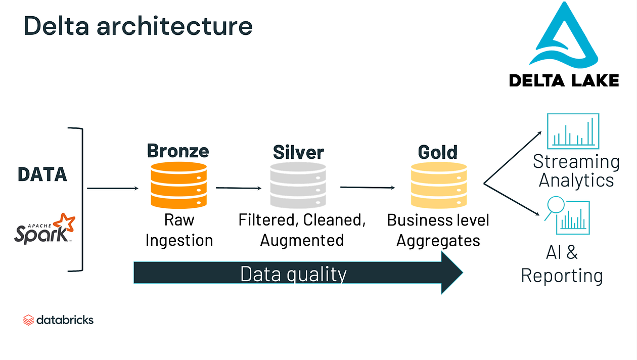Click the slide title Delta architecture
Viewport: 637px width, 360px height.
point(138,25)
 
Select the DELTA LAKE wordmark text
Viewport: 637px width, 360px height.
point(564,80)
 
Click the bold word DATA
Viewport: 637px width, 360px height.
point(42,174)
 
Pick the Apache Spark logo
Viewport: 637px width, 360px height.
point(44,229)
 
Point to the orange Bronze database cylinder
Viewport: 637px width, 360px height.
point(178,185)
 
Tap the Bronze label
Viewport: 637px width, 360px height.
point(178,151)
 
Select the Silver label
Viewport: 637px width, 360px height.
point(298,152)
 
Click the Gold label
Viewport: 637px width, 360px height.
point(438,152)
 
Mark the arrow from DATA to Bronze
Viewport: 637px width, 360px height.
point(112,189)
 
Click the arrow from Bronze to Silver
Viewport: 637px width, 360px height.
point(239,188)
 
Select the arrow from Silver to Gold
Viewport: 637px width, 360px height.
point(367,188)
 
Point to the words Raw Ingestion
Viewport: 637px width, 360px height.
point(179,230)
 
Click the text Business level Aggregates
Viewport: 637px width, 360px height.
point(438,230)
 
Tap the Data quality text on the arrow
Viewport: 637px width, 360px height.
point(293,274)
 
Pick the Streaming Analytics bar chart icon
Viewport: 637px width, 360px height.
point(573,131)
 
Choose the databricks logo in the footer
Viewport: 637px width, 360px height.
point(59,320)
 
